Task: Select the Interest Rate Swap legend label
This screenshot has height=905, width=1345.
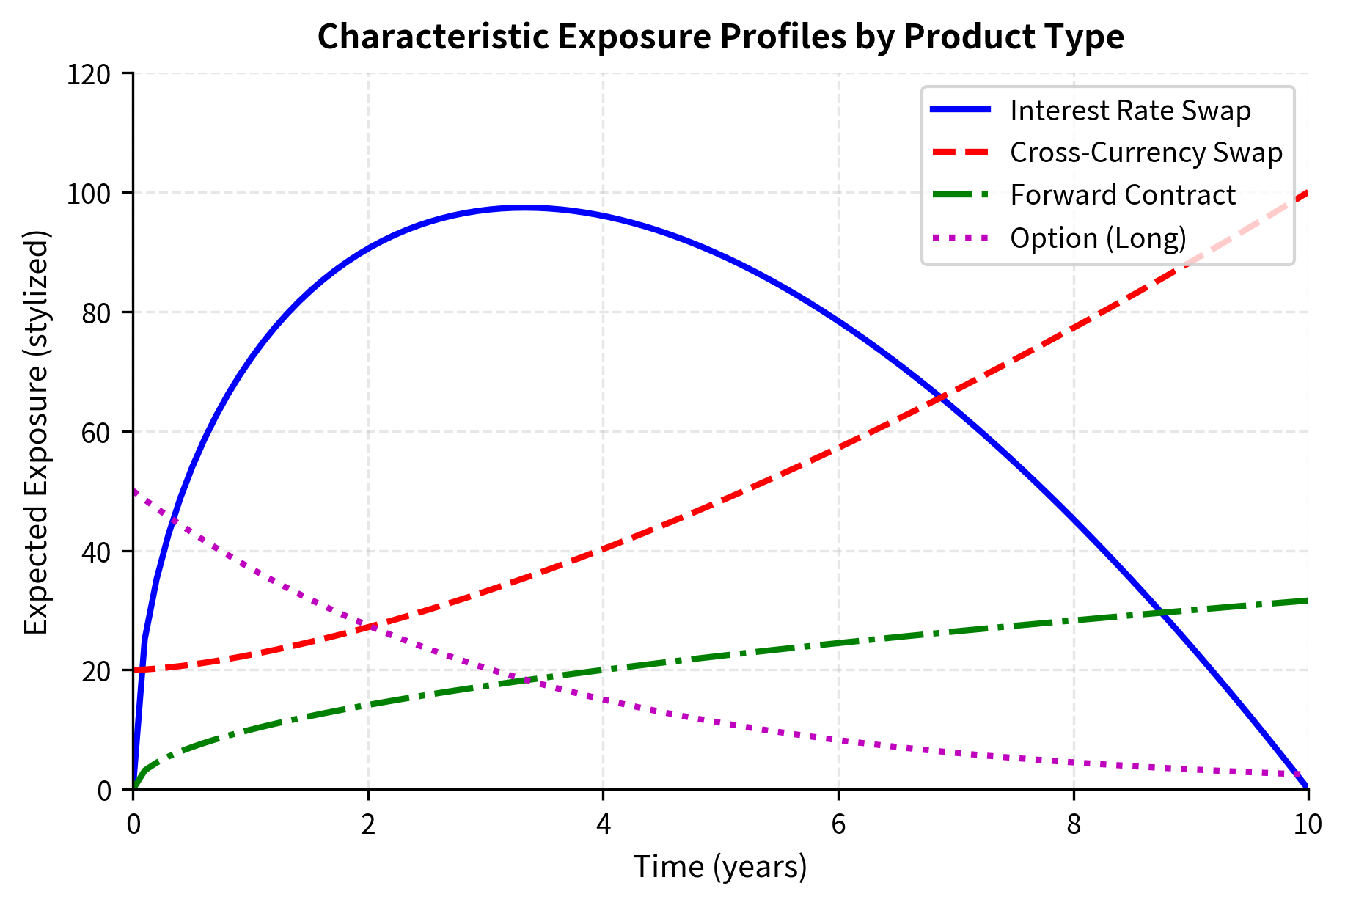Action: (x=1130, y=110)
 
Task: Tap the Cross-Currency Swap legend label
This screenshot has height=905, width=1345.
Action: (x=1146, y=153)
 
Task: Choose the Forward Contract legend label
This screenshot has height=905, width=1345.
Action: (x=1123, y=195)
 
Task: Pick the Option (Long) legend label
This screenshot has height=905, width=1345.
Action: (x=1098, y=238)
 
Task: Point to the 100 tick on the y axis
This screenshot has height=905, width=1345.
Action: (x=88, y=193)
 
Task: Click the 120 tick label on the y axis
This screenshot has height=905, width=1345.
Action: (x=88, y=74)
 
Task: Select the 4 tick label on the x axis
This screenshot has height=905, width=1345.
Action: (x=603, y=824)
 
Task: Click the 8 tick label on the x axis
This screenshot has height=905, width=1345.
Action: (x=1073, y=824)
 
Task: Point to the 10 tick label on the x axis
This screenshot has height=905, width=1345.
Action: (x=1308, y=824)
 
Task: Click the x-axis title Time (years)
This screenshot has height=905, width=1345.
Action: (x=720, y=867)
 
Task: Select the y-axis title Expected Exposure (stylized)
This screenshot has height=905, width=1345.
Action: (x=36, y=432)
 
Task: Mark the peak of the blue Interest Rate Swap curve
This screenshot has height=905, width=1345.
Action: (x=524, y=208)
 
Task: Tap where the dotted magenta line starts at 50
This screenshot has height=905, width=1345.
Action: (x=134, y=491)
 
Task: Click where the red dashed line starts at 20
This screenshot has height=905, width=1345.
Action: (x=134, y=670)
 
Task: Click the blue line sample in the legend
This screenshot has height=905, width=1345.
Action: (x=961, y=110)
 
